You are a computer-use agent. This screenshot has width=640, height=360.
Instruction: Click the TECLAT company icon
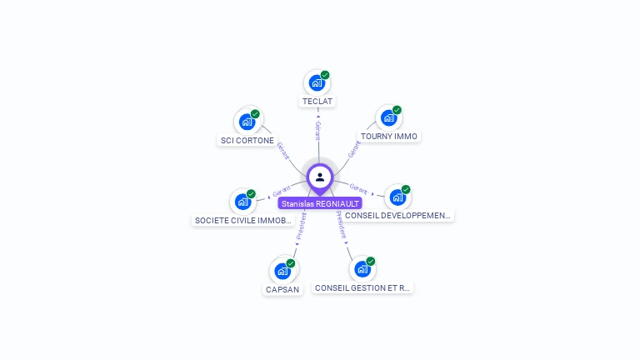pos(317,82)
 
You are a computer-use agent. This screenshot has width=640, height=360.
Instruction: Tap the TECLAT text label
pos(317,102)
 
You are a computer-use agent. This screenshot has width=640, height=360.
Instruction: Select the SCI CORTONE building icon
pos(247,122)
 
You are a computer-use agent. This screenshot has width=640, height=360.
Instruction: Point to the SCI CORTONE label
pos(247,141)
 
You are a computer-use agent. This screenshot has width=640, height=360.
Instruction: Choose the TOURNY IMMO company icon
pos(388,117)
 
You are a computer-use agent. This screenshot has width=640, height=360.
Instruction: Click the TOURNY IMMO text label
pos(389,136)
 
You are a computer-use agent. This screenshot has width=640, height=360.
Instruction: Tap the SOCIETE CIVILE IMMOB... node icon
pos(242,201)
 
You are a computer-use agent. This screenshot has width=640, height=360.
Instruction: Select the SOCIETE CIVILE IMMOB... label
pos(242,221)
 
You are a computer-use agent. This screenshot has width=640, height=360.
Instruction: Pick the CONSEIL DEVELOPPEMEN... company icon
pos(397,197)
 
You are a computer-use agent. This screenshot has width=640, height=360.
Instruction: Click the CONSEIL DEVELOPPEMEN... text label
pos(397,216)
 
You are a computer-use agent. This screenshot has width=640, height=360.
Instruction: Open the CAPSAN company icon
pos(282,271)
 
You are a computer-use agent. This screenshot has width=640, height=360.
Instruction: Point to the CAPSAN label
pos(282,290)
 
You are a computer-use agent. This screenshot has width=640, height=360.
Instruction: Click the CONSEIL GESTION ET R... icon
pos(362,268)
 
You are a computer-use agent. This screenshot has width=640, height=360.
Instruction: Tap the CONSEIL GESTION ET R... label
pos(362,288)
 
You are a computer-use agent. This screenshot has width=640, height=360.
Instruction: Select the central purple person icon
pos(320,177)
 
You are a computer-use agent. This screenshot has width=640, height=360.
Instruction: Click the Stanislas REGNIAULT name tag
pos(320,203)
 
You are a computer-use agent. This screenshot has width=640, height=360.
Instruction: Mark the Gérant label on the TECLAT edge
pos(317,131)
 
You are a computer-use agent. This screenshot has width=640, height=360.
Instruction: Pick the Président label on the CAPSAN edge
pos(301,226)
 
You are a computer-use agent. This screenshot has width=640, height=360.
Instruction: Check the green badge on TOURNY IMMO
pos(397,110)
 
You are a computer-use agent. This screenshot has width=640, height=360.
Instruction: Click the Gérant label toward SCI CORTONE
pos(282,150)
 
